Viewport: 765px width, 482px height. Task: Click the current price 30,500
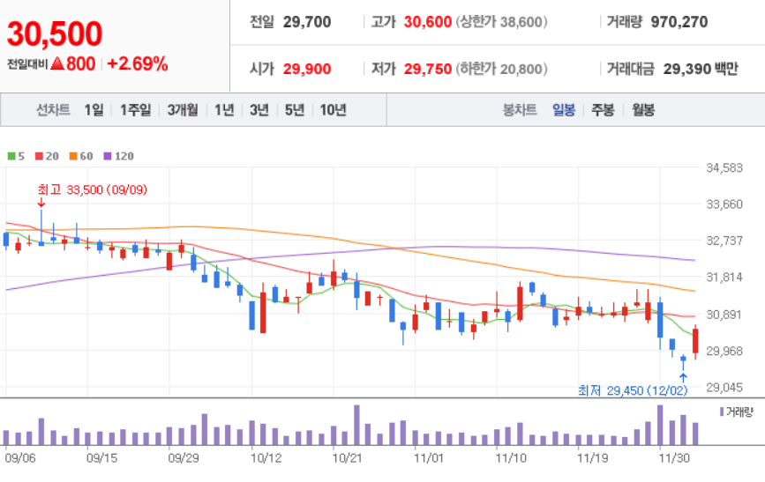[55, 33]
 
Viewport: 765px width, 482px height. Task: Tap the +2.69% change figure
[137, 63]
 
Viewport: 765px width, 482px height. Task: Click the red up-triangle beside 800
[57, 63]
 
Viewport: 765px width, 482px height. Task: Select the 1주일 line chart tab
[136, 110]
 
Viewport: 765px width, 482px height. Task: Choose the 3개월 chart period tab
[183, 110]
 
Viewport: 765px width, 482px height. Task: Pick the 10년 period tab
[334, 110]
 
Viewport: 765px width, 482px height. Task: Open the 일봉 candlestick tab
[564, 110]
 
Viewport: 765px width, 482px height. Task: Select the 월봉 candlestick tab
[643, 110]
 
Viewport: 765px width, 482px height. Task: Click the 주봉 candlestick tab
[603, 110]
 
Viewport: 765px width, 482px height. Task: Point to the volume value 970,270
[679, 22]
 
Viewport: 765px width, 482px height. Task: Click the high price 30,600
[427, 22]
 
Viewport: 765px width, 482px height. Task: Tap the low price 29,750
[427, 69]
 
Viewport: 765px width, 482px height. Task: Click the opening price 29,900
[307, 69]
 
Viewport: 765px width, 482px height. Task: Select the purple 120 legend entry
[118, 156]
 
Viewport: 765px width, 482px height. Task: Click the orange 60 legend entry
[81, 156]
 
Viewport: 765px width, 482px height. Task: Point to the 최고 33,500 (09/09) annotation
[93, 189]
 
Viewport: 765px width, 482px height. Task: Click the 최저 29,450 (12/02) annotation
[633, 390]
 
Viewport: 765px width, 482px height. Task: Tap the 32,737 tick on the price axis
[724, 241]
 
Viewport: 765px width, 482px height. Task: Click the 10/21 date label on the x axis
[348, 458]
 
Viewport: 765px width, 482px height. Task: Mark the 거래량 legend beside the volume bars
[736, 412]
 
